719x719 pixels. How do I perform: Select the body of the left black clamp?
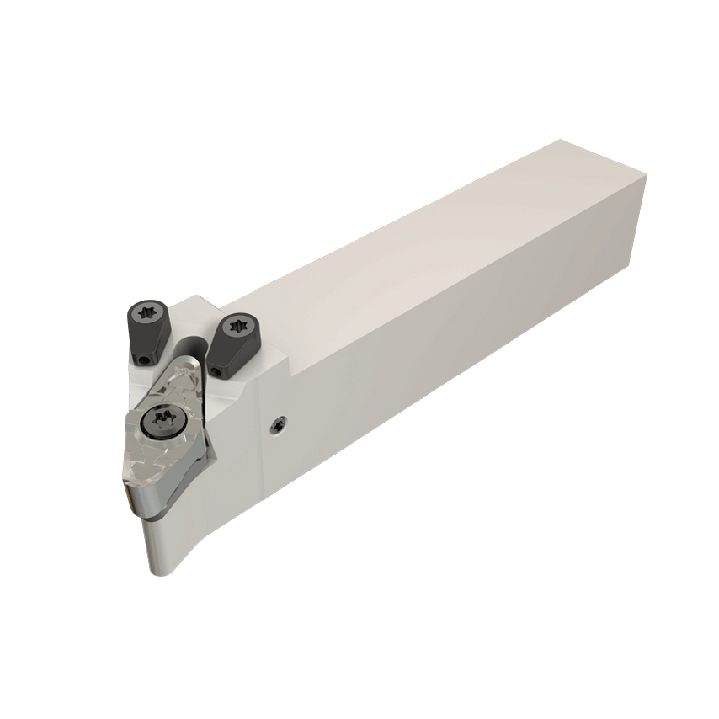(150, 333)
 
